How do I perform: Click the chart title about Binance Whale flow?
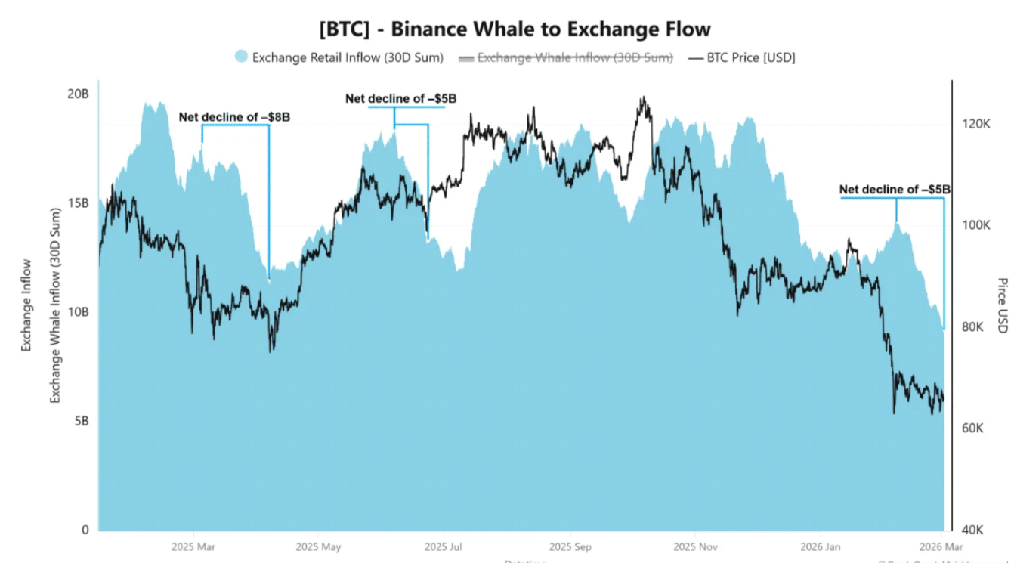[515, 29]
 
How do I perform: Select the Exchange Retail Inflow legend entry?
[348, 57]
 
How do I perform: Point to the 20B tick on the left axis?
[79, 94]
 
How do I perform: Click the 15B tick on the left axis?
[79, 203]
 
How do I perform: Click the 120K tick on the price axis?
[975, 125]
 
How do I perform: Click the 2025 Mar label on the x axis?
[194, 546]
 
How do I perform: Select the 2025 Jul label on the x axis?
[444, 546]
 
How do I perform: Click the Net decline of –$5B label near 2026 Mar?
[895, 190]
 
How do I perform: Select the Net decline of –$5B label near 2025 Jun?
[400, 99]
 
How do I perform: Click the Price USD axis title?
[1003, 305]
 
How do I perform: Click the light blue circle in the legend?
[241, 57]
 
